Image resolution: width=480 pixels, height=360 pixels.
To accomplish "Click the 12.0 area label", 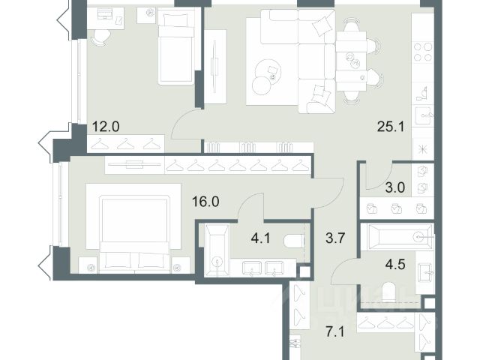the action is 106,127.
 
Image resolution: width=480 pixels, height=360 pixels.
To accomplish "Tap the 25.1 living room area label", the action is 391,127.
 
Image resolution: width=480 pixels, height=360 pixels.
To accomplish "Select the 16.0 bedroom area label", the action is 205,202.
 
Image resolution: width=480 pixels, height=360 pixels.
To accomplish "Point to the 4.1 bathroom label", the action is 260,238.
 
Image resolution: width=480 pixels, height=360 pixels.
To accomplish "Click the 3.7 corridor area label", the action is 335,238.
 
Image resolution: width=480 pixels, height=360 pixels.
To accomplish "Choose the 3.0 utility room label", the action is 395,187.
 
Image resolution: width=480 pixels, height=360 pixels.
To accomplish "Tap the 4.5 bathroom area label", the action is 395,264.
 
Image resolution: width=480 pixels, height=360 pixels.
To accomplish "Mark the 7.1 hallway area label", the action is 335,332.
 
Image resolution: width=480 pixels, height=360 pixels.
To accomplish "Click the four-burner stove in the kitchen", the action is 423,52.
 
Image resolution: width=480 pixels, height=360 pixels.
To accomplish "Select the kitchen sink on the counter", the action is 424,115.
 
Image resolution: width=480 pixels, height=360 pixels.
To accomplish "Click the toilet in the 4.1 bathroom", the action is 294,241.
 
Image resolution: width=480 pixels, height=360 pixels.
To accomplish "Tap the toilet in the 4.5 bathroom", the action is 389,291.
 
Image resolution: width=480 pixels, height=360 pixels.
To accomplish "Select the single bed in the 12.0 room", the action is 176,46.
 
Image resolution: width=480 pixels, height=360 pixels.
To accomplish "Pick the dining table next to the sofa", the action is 351,61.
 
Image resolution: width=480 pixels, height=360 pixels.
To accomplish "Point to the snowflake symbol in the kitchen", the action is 423,149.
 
